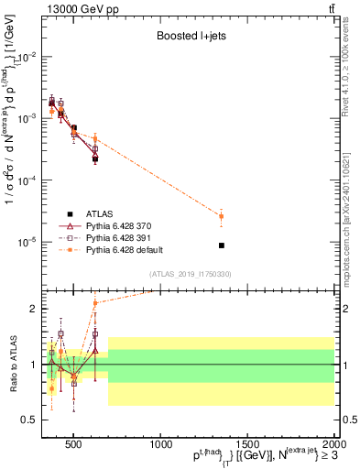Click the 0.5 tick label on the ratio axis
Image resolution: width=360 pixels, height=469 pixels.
click(29, 420)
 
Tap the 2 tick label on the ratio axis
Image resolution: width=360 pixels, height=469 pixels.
click(34, 309)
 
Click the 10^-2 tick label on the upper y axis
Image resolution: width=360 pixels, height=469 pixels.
click(27, 57)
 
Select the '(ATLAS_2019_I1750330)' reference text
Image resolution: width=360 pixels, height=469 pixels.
click(191, 274)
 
